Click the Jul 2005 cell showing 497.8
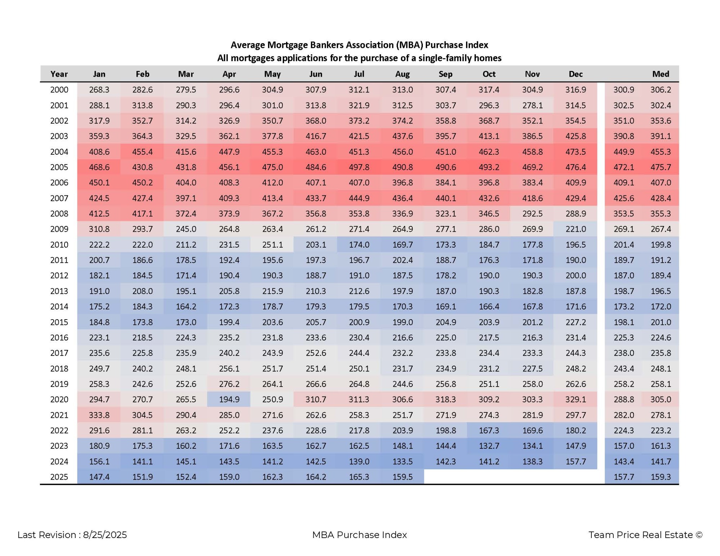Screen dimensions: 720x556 [359, 167]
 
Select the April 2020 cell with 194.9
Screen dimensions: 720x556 [229, 399]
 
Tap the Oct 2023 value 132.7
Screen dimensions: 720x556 [489, 446]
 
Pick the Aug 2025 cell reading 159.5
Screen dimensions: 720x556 [402, 476]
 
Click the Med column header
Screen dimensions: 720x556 [661, 74]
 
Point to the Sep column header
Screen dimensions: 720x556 [446, 74]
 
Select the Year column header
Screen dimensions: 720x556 [59, 74]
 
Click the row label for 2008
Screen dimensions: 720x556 [59, 213]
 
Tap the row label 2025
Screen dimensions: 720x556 [59, 476]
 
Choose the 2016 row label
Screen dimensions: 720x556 [59, 337]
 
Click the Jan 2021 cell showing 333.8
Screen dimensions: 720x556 [99, 415]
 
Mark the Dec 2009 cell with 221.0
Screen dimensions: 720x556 [576, 229]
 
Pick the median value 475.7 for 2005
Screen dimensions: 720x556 [661, 167]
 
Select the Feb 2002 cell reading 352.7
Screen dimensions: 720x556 [142, 121]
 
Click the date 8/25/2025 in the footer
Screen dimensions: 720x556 [105, 535]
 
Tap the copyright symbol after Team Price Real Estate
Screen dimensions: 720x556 [699, 535]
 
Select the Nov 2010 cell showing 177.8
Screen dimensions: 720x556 [532, 244]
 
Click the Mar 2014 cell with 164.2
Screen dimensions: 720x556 [186, 306]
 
